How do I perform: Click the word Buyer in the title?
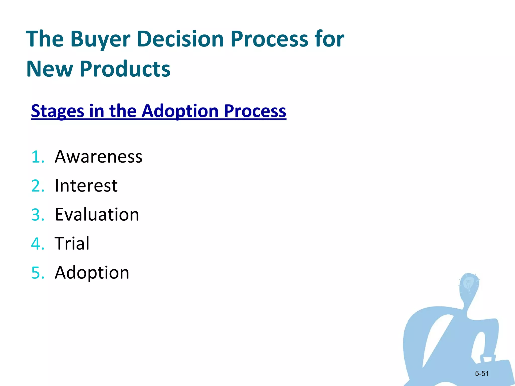pyautogui.click(x=100, y=39)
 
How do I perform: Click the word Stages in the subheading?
pyautogui.click(x=57, y=111)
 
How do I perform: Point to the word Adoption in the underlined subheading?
pyautogui.click(x=180, y=111)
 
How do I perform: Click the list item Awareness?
pyautogui.click(x=98, y=157)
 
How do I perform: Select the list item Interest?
pyautogui.click(x=86, y=186)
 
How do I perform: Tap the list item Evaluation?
pyautogui.click(x=97, y=215)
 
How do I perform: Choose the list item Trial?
pyautogui.click(x=72, y=244)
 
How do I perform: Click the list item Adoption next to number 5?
pyautogui.click(x=92, y=273)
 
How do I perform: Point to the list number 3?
pyautogui.click(x=37, y=215)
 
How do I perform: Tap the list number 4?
pyautogui.click(x=37, y=244)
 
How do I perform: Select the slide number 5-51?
pyautogui.click(x=482, y=374)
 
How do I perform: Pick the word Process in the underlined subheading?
pyautogui.click(x=255, y=111)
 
